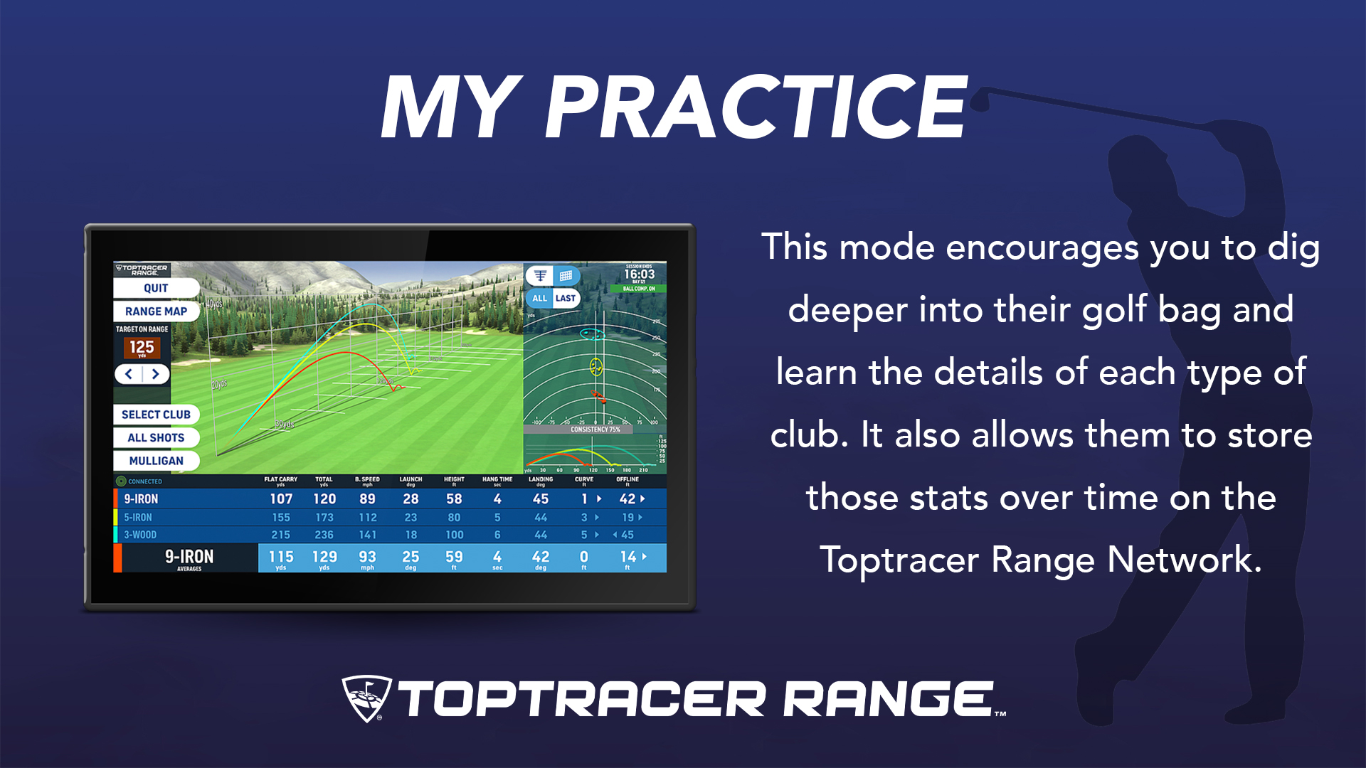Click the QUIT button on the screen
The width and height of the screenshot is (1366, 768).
pyautogui.click(x=156, y=288)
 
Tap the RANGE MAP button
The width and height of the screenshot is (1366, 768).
pyautogui.click(x=156, y=311)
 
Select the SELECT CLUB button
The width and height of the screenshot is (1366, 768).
pyautogui.click(x=156, y=415)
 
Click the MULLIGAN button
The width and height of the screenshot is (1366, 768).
pyautogui.click(x=156, y=461)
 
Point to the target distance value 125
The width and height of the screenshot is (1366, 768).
pyautogui.click(x=142, y=347)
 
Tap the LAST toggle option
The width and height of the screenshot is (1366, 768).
pyautogui.click(x=566, y=299)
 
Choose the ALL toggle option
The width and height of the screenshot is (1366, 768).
pyautogui.click(x=540, y=299)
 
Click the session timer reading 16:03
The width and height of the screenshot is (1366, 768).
pyautogui.click(x=639, y=274)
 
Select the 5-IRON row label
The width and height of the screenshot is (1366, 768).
pyautogui.click(x=138, y=518)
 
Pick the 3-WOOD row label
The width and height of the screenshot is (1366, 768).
pyautogui.click(x=140, y=535)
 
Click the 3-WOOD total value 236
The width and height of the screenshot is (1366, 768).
pyautogui.click(x=324, y=535)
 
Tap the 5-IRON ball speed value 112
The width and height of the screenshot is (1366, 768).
pyautogui.click(x=368, y=518)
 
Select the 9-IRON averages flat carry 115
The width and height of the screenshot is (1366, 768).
pyautogui.click(x=281, y=557)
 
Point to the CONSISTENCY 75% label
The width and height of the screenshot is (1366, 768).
pyautogui.click(x=595, y=430)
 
